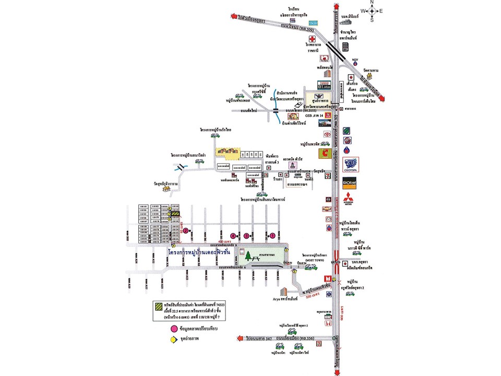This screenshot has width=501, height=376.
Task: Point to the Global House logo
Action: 349,184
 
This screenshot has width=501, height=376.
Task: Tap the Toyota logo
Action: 328,134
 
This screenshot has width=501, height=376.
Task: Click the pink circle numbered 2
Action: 185,230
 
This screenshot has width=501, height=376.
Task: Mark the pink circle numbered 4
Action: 233,236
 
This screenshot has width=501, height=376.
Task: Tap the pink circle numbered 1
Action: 272,236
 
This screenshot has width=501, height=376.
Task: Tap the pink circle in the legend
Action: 173,330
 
